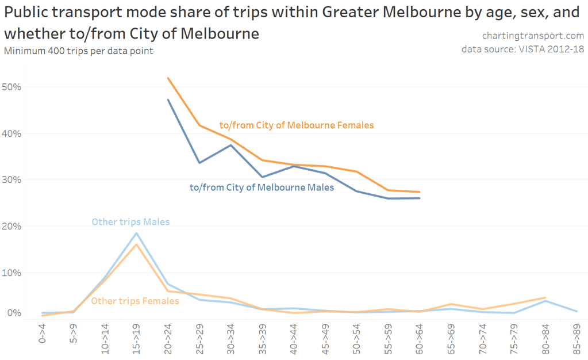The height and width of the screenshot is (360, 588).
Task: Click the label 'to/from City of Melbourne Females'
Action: (x=297, y=125)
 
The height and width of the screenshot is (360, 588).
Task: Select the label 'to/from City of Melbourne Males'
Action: (x=262, y=187)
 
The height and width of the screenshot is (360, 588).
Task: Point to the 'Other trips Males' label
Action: (x=130, y=221)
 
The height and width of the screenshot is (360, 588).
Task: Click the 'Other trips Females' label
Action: (x=135, y=301)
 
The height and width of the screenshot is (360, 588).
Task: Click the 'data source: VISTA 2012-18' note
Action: (x=522, y=49)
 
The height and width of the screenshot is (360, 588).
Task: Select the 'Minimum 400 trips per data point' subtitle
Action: (x=79, y=51)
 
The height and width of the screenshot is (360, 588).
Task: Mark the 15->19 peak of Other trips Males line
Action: (x=137, y=233)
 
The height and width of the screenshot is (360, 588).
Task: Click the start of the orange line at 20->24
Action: (x=168, y=78)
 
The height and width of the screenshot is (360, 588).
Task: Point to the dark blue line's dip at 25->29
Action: (x=199, y=163)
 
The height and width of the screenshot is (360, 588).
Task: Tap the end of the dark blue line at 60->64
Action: (x=420, y=198)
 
